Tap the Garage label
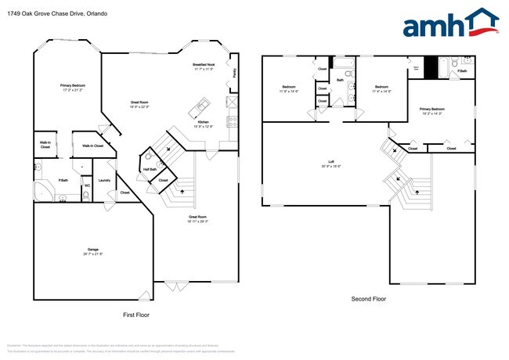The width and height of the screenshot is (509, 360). (92, 249)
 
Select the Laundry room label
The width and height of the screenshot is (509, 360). (103, 181)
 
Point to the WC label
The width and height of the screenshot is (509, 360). (87, 185)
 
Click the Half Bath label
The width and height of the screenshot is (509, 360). (150, 170)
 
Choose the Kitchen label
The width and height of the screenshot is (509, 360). (202, 121)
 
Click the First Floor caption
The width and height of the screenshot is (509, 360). (136, 314)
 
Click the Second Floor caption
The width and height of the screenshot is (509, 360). (367, 298)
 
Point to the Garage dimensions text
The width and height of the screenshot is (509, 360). (93, 254)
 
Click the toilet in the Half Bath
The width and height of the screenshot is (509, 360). (149, 157)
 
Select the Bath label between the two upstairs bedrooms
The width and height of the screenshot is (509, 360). (341, 80)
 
